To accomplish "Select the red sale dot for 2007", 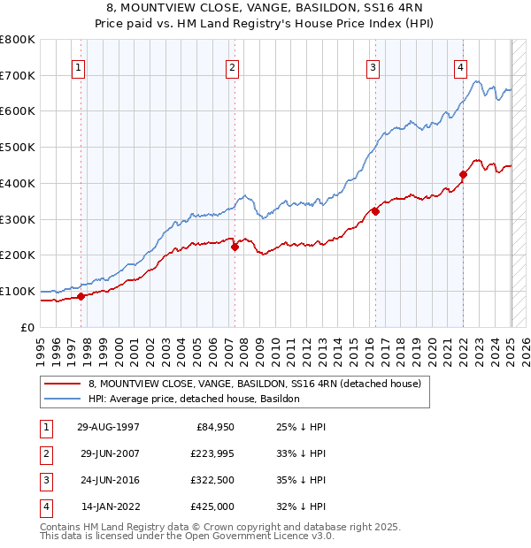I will [x=235, y=247].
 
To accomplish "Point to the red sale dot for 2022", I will [x=463, y=174].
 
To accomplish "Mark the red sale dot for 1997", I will [x=81, y=296].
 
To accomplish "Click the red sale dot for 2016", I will [x=375, y=211].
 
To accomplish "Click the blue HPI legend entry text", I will [x=194, y=399].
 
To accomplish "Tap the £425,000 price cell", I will [x=213, y=506].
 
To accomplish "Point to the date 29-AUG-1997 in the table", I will [x=108, y=427].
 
